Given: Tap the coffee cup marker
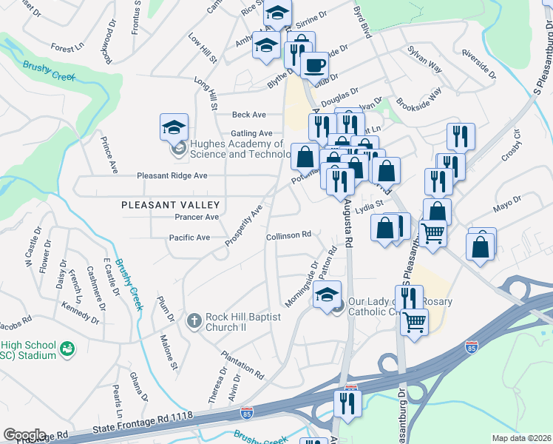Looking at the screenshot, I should (x=314, y=64).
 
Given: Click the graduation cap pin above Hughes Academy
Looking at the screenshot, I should (x=174, y=128).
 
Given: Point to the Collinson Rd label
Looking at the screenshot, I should (x=288, y=235).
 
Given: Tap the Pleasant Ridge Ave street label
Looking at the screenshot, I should (x=172, y=176).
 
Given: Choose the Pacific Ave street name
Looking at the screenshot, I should (x=190, y=238).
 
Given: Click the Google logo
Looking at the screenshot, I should (x=24, y=434).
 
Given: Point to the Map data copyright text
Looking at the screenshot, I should (x=522, y=438).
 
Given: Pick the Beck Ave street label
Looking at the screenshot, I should (x=248, y=115).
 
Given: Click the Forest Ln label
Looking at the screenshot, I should (x=67, y=48).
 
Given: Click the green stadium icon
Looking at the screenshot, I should (x=67, y=348).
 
